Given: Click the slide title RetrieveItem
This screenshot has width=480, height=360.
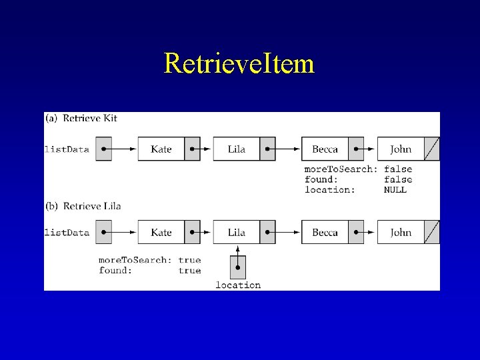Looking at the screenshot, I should [x=239, y=64].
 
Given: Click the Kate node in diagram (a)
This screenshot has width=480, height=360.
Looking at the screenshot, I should [x=161, y=149].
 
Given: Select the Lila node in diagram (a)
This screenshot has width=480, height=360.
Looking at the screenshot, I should [x=237, y=149].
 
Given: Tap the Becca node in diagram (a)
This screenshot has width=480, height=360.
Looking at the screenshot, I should [x=325, y=149].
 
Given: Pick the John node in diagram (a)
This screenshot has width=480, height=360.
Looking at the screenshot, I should [x=401, y=149].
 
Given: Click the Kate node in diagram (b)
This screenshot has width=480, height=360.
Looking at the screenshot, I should [x=161, y=232].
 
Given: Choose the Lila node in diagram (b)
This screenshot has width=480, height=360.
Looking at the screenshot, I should [x=237, y=232].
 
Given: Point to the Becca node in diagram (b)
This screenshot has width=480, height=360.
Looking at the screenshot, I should [x=325, y=232].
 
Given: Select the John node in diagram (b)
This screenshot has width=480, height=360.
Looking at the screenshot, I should [x=401, y=232].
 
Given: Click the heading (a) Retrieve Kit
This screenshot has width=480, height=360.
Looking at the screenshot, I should [x=81, y=119].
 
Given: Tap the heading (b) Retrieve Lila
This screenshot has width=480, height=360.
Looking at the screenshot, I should [x=83, y=206].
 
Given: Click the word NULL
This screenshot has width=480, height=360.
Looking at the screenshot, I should [x=395, y=190].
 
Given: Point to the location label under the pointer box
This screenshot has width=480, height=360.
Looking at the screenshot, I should [x=238, y=285].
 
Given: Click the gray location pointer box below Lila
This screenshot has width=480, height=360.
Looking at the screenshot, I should [x=238, y=267].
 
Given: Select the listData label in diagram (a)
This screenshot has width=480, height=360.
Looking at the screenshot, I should [x=67, y=149].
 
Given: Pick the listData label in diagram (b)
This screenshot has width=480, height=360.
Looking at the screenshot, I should [x=67, y=233].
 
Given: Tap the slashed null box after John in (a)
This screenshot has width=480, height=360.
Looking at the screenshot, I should [x=432, y=149].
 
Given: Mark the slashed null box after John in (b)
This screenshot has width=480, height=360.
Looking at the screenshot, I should [x=432, y=232].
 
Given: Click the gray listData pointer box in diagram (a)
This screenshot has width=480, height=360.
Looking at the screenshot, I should [x=103, y=149].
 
